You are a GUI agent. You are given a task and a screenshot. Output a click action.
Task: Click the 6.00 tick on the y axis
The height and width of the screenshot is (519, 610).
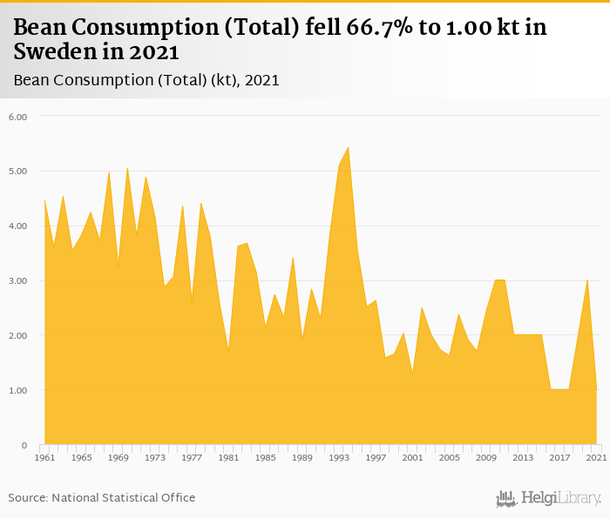pyautogui.click(x=17, y=116)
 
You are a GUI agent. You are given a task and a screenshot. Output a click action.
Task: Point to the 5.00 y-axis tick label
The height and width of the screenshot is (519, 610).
pyautogui.click(x=17, y=171)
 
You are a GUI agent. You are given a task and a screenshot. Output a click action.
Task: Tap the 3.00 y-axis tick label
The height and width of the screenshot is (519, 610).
pyautogui.click(x=17, y=280)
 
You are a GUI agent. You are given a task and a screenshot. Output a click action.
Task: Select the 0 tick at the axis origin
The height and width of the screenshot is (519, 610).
pyautogui.click(x=25, y=445)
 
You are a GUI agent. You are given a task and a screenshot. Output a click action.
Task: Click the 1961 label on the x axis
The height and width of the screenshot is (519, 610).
pyautogui.click(x=44, y=457)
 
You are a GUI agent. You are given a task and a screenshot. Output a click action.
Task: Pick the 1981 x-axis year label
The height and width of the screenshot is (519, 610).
pyautogui.click(x=228, y=457)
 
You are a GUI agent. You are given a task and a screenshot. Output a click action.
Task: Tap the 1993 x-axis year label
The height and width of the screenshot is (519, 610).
pyautogui.click(x=339, y=457)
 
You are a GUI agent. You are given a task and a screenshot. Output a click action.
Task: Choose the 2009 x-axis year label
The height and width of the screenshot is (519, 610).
pyautogui.click(x=486, y=457)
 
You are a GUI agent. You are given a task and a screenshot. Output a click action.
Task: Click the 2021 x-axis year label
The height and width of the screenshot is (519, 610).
pyautogui.click(x=596, y=457)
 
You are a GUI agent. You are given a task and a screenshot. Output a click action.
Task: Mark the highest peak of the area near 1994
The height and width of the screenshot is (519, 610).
pyautogui.click(x=349, y=147)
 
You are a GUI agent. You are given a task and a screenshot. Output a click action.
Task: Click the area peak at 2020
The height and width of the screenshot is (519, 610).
pyautogui.click(x=587, y=280)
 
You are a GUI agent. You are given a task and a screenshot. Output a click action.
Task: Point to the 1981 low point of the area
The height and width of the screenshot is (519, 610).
pyautogui.click(x=228, y=351)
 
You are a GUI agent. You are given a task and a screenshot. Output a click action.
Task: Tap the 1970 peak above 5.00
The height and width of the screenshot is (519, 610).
pyautogui.click(x=127, y=168)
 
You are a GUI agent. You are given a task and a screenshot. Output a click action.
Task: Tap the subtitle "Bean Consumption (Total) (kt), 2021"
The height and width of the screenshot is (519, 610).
pyautogui.click(x=146, y=80)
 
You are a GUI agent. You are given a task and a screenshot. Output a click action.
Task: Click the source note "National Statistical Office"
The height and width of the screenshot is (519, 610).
pyautogui.click(x=124, y=497)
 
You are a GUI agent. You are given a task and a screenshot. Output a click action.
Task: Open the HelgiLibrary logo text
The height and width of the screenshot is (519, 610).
pyautogui.click(x=561, y=498)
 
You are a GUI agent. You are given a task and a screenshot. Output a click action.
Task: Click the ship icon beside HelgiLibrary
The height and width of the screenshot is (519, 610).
pyautogui.click(x=506, y=498)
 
